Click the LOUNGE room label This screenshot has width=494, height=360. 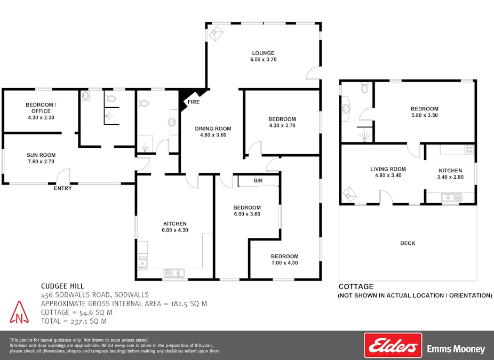[263, 53]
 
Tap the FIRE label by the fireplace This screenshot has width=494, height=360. [194, 102]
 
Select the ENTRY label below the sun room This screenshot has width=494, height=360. [63, 188]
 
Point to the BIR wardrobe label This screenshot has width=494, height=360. [258, 180]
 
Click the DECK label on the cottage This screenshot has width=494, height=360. [408, 243]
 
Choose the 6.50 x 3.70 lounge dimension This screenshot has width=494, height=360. [264, 60]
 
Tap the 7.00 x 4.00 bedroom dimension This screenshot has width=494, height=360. [284, 263]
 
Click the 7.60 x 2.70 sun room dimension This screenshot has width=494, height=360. [41, 162]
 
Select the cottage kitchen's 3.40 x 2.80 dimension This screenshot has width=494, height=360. [450, 177]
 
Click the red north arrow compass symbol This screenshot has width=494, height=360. [19, 313]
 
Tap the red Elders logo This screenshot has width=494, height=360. [393, 346]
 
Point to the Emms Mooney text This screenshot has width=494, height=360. [456, 349]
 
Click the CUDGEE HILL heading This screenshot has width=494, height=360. [62, 286]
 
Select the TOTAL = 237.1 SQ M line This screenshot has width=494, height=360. [74, 321]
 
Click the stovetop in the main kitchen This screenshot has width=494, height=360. [142, 263]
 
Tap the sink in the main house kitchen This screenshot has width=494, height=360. [174, 273]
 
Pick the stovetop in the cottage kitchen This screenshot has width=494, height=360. [469, 150]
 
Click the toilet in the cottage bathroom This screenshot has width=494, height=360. [364, 87]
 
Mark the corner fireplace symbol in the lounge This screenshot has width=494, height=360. [216, 34]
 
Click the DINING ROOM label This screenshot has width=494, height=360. [213, 129]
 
